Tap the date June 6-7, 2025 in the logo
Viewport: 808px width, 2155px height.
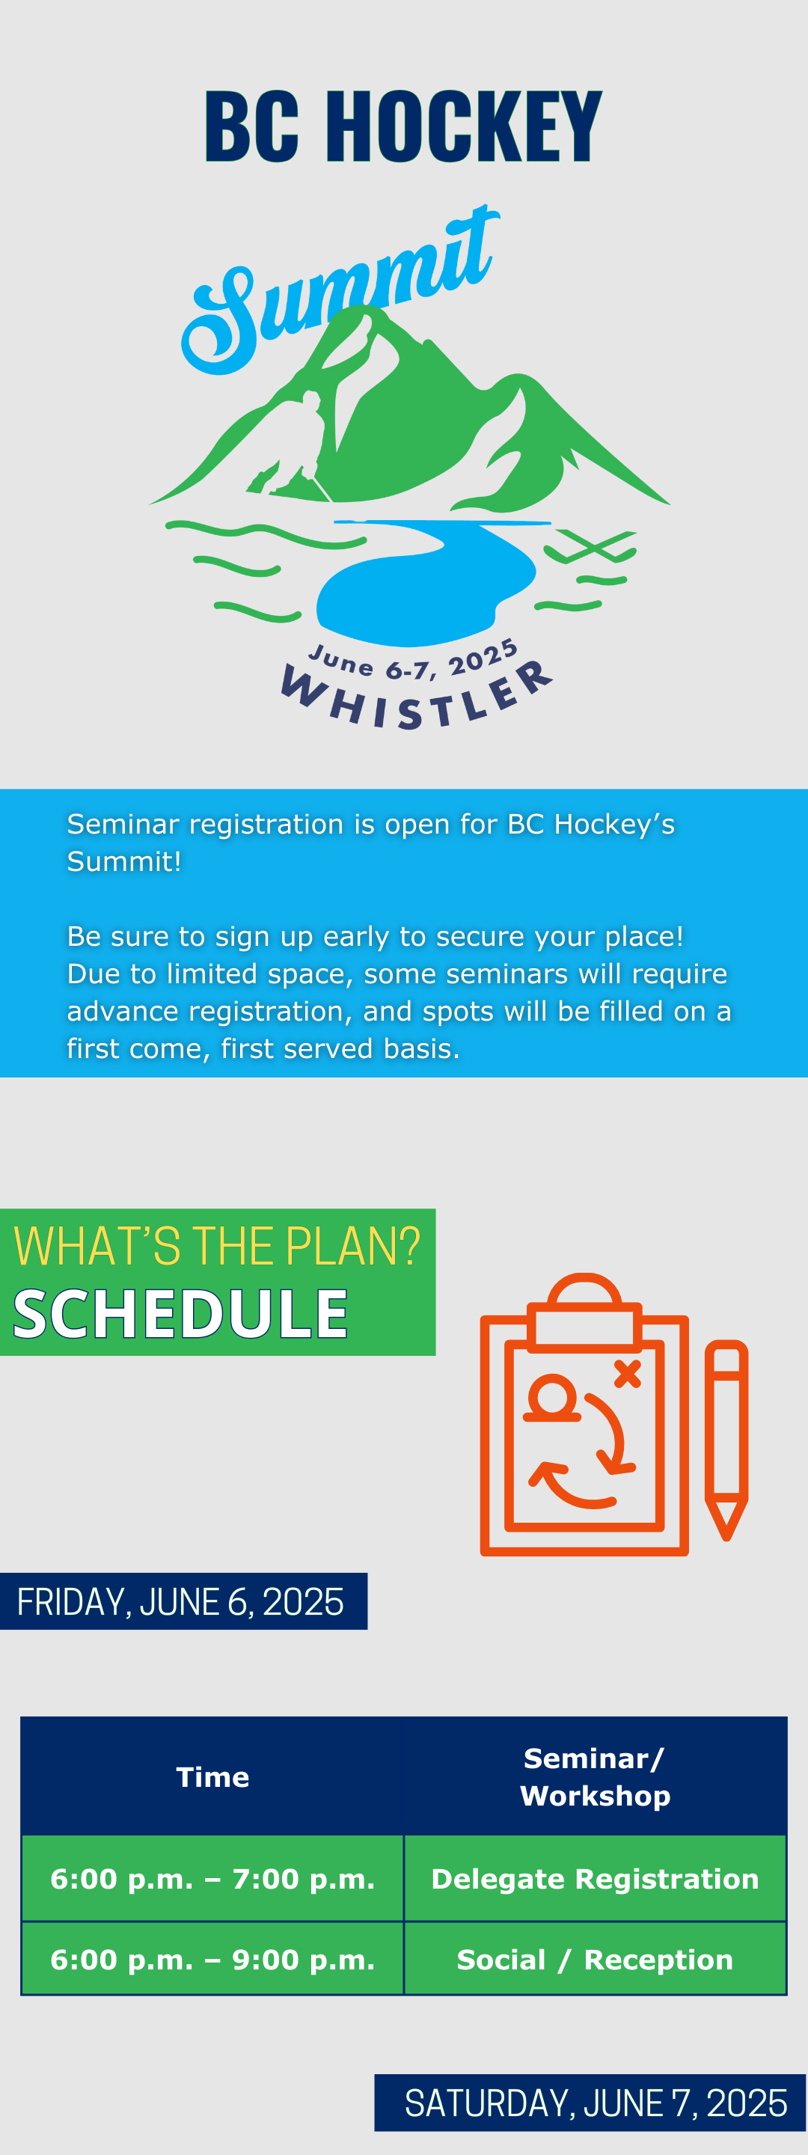tap(413, 661)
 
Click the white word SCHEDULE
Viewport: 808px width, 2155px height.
tap(180, 1313)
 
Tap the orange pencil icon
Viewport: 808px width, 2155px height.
tap(726, 1440)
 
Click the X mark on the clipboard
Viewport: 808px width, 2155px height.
tap(628, 1374)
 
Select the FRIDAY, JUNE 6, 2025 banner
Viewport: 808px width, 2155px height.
tap(183, 1601)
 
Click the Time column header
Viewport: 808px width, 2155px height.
tap(212, 1777)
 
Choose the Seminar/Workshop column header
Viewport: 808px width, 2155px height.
tap(595, 1777)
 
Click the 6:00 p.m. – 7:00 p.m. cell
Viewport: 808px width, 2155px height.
tap(212, 1879)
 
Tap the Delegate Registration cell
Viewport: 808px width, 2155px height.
tap(595, 1879)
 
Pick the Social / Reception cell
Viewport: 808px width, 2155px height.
tap(595, 1959)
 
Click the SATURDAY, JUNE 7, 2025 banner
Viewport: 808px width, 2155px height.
tap(590, 2103)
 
